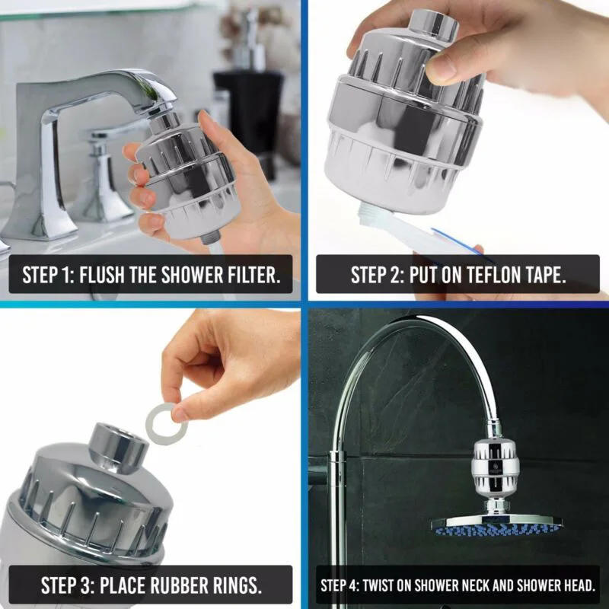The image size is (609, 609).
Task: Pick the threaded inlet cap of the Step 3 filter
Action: pos(118,448)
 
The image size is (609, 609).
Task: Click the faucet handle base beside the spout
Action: pos(106,187)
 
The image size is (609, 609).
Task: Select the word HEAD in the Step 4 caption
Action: pos(579,585)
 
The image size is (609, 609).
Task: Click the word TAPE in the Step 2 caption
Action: pos(546,275)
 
